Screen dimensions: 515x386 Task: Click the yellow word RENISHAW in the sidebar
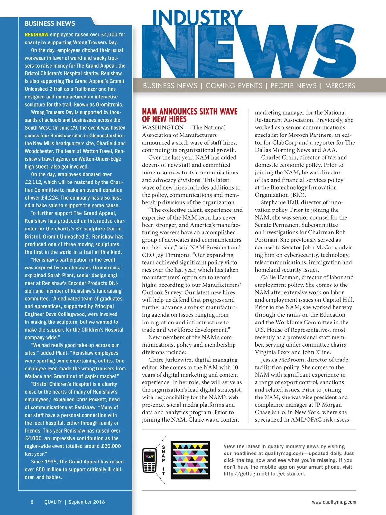pyautogui.click(x=37, y=35)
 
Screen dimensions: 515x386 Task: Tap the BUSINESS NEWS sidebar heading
pyautogui.click(x=50, y=23)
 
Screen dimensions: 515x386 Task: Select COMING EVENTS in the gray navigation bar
pyautogui.click(x=234, y=86)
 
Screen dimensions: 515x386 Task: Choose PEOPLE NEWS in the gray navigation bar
pyautogui.click(x=294, y=86)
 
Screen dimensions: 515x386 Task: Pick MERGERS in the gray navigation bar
pyautogui.click(x=340, y=86)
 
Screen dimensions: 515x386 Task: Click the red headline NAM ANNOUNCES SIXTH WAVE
pyautogui.click(x=190, y=112)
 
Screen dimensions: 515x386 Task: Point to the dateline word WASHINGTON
pyautogui.click(x=163, y=127)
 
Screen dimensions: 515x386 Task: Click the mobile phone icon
pyautogui.click(x=149, y=460)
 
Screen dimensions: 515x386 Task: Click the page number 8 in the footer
pyautogui.click(x=32, y=502)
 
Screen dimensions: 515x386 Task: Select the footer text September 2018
pyautogui.click(x=87, y=502)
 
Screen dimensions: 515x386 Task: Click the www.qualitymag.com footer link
pyautogui.click(x=334, y=502)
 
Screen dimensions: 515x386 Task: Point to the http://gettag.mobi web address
pyautogui.click(x=248, y=474)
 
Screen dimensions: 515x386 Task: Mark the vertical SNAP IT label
pyautogui.click(x=163, y=460)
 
